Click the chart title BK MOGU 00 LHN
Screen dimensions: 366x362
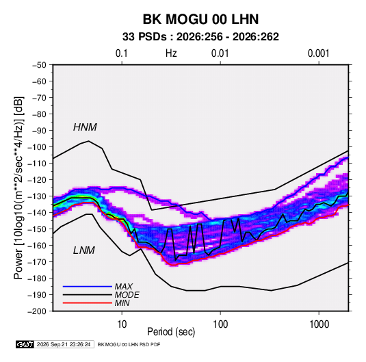(x=200, y=19)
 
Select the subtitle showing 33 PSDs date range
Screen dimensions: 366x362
(x=200, y=37)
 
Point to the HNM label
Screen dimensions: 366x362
(x=85, y=127)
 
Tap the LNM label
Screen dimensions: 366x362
(x=84, y=250)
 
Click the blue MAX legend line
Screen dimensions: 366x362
(x=88, y=286)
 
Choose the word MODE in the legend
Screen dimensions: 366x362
(x=127, y=295)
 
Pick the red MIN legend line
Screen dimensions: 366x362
(x=88, y=303)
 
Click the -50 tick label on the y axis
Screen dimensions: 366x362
(x=39, y=65)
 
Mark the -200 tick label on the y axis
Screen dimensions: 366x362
(x=37, y=311)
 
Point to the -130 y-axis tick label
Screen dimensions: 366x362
(x=37, y=196)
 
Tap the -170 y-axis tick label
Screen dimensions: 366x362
(x=37, y=262)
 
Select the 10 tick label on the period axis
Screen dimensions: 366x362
(x=122, y=324)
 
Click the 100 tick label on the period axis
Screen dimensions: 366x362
(x=220, y=324)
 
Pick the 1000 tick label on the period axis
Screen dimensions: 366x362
(x=319, y=324)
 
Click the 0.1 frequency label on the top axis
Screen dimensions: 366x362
(x=122, y=53)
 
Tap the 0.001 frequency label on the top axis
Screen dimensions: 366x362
(x=318, y=53)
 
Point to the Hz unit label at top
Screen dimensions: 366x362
(x=171, y=53)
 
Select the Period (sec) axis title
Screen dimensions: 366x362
(x=171, y=332)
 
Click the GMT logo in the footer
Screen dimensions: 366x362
(x=25, y=344)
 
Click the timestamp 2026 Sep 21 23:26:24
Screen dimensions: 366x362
(x=64, y=344)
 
